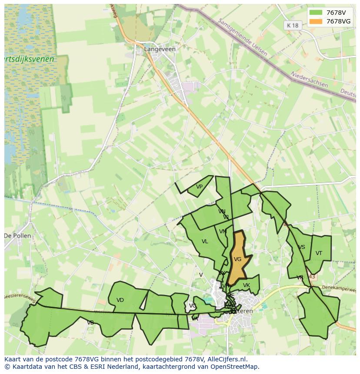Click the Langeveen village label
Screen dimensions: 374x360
160,49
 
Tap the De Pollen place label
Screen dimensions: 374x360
17,236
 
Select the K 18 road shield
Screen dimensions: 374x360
293,26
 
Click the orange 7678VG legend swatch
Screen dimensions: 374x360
316,21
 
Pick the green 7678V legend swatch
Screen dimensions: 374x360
316,13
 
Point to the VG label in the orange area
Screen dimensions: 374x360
237,259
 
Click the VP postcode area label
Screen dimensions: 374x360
199,187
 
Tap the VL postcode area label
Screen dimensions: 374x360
205,242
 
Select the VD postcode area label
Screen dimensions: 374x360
120,300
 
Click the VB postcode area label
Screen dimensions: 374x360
90,323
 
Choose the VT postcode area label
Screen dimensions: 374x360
319,253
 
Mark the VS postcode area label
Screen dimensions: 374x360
301,247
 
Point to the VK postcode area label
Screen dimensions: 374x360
246,285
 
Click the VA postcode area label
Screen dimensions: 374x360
195,319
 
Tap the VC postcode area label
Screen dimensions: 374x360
192,306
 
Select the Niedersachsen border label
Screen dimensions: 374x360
309,79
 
